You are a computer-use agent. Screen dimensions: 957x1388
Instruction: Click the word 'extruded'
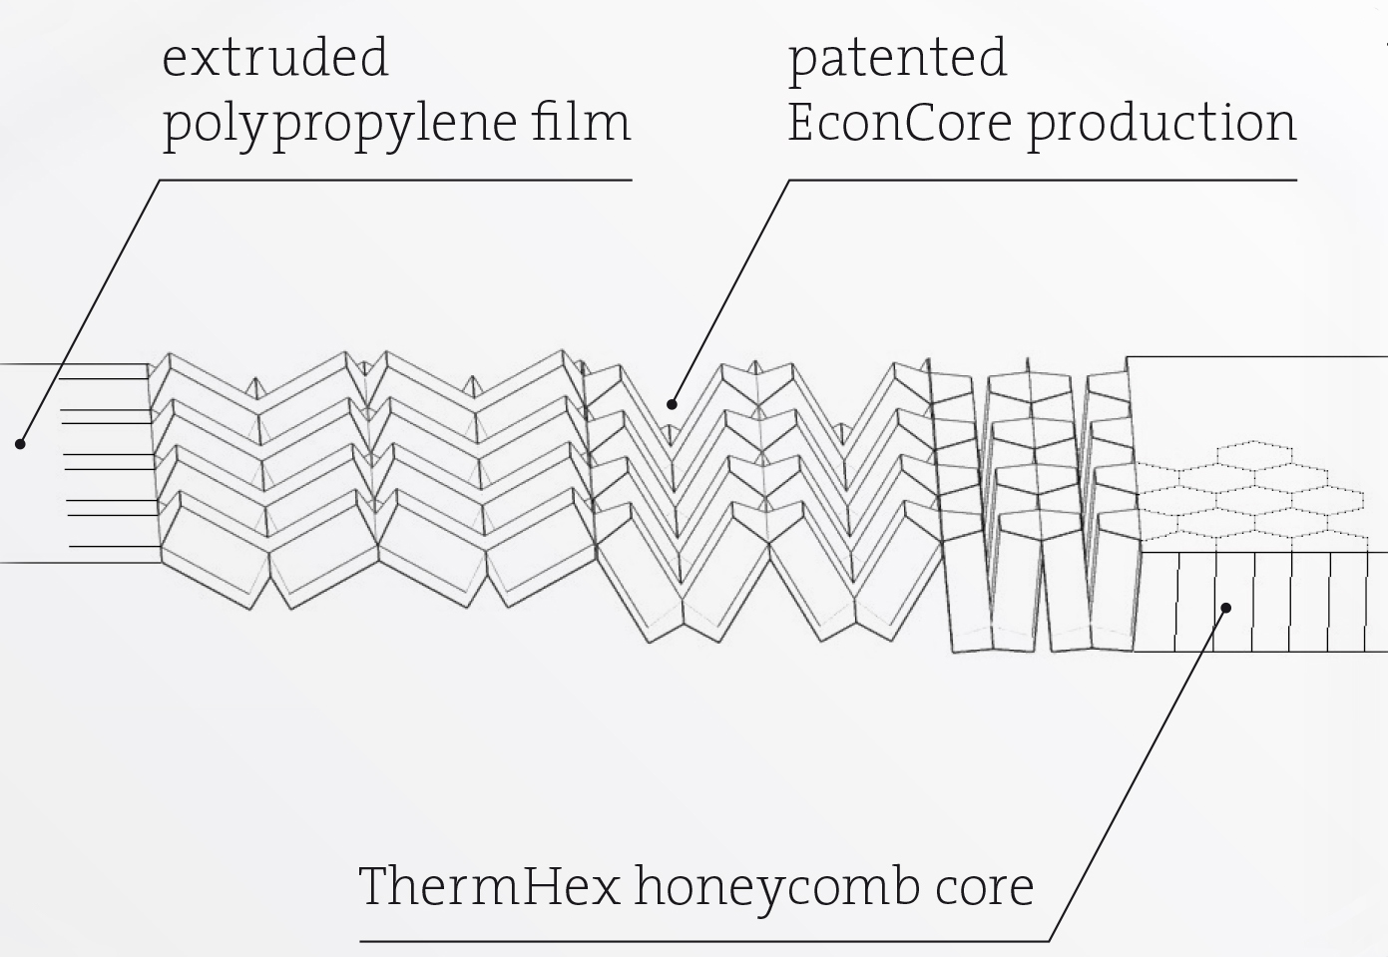pos(274,58)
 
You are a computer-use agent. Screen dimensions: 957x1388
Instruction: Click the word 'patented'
pos(897,60)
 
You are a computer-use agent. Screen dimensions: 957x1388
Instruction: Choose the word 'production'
pos(1161,123)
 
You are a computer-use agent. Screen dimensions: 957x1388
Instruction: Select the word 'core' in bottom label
pos(985,888)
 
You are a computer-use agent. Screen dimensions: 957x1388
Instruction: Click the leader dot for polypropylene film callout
pos(20,443)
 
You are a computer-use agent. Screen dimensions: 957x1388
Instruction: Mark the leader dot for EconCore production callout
pos(672,404)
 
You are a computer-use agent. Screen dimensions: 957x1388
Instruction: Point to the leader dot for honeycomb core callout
pos(1226,607)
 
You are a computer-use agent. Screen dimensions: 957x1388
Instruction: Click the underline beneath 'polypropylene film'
pos(399,181)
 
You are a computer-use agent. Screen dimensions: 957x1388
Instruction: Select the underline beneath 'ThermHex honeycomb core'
pos(698,940)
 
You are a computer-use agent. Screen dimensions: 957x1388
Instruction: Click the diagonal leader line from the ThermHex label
pos(1138,773)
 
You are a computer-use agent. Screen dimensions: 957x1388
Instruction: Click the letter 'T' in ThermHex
pos(376,886)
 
